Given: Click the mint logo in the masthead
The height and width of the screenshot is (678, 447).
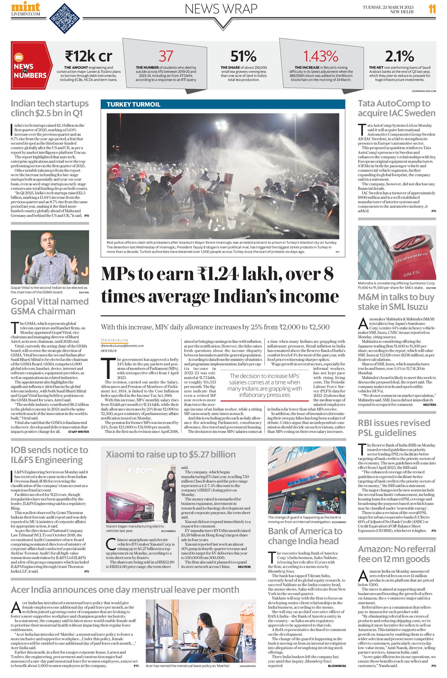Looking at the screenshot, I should point(26,7).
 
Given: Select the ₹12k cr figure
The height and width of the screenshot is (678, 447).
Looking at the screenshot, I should point(88,56).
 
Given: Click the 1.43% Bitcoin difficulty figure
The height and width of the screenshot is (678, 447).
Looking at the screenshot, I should point(321,56).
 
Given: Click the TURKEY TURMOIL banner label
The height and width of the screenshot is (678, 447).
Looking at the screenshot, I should point(133,104).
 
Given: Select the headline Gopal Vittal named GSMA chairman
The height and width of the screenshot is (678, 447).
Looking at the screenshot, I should point(50,306).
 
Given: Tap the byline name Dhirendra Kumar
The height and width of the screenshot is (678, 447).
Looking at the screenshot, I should point(114,340).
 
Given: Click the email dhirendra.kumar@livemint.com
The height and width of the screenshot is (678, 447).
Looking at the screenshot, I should point(122,346).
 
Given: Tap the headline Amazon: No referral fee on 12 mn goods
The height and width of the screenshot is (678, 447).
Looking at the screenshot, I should point(397,554).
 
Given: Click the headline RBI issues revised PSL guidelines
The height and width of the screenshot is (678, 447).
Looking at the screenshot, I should point(394,428).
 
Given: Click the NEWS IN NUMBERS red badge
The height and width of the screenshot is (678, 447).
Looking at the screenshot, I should point(31,66).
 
